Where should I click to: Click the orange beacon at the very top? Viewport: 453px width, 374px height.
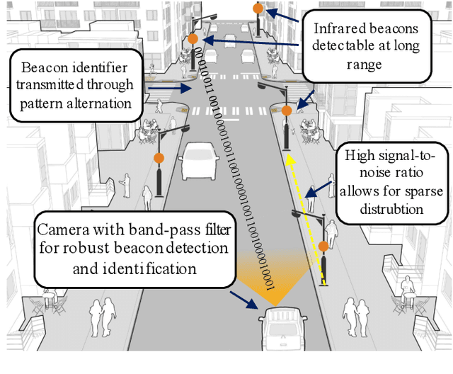(x=258, y=9)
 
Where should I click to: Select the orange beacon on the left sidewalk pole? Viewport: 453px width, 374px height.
(x=159, y=157)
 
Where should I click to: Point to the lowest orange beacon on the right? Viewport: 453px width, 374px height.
(x=323, y=246)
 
